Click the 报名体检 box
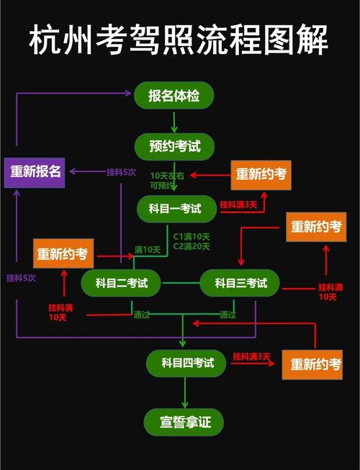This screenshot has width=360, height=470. (x=174, y=96)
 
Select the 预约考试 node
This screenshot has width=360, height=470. (x=175, y=147)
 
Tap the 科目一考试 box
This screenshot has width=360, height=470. (x=177, y=209)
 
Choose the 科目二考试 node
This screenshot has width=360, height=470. (x=121, y=283)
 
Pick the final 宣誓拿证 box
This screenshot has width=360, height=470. (x=184, y=421)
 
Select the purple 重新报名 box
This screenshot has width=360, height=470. (x=35, y=171)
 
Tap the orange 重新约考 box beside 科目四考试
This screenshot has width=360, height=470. (x=316, y=364)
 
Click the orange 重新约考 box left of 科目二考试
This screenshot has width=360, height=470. (x=63, y=253)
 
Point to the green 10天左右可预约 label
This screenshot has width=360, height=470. (x=168, y=181)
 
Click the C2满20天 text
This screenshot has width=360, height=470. (x=192, y=247)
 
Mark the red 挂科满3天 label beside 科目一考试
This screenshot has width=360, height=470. (x=238, y=204)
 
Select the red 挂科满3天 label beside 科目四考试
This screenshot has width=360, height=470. (x=251, y=356)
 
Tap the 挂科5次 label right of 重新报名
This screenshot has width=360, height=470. (x=121, y=171)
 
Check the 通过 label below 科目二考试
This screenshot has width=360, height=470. (x=141, y=314)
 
